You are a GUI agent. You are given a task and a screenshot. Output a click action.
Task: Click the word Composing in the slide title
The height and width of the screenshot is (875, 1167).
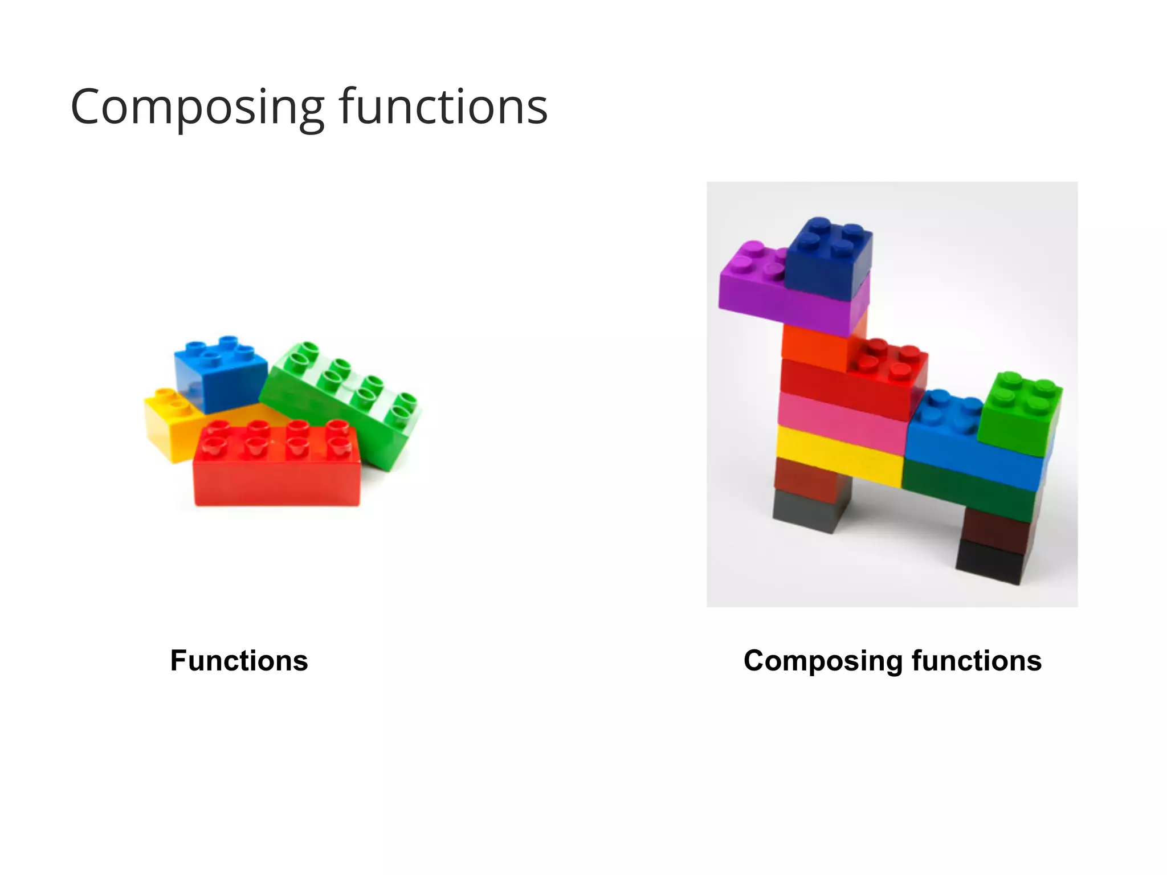click(197, 107)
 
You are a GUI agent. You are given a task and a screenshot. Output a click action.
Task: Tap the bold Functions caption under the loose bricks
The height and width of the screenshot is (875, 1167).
click(239, 661)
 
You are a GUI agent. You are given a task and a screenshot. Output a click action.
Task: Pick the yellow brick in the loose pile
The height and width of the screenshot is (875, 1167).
click(165, 424)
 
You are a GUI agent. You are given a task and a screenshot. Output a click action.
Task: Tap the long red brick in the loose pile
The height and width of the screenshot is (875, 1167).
click(276, 473)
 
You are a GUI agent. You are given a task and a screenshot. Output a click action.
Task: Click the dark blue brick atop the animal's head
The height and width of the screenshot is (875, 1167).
click(829, 256)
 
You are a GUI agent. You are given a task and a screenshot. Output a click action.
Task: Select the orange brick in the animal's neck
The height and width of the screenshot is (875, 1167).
click(812, 345)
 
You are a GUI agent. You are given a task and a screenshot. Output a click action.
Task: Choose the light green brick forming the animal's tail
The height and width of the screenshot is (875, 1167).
click(1020, 410)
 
